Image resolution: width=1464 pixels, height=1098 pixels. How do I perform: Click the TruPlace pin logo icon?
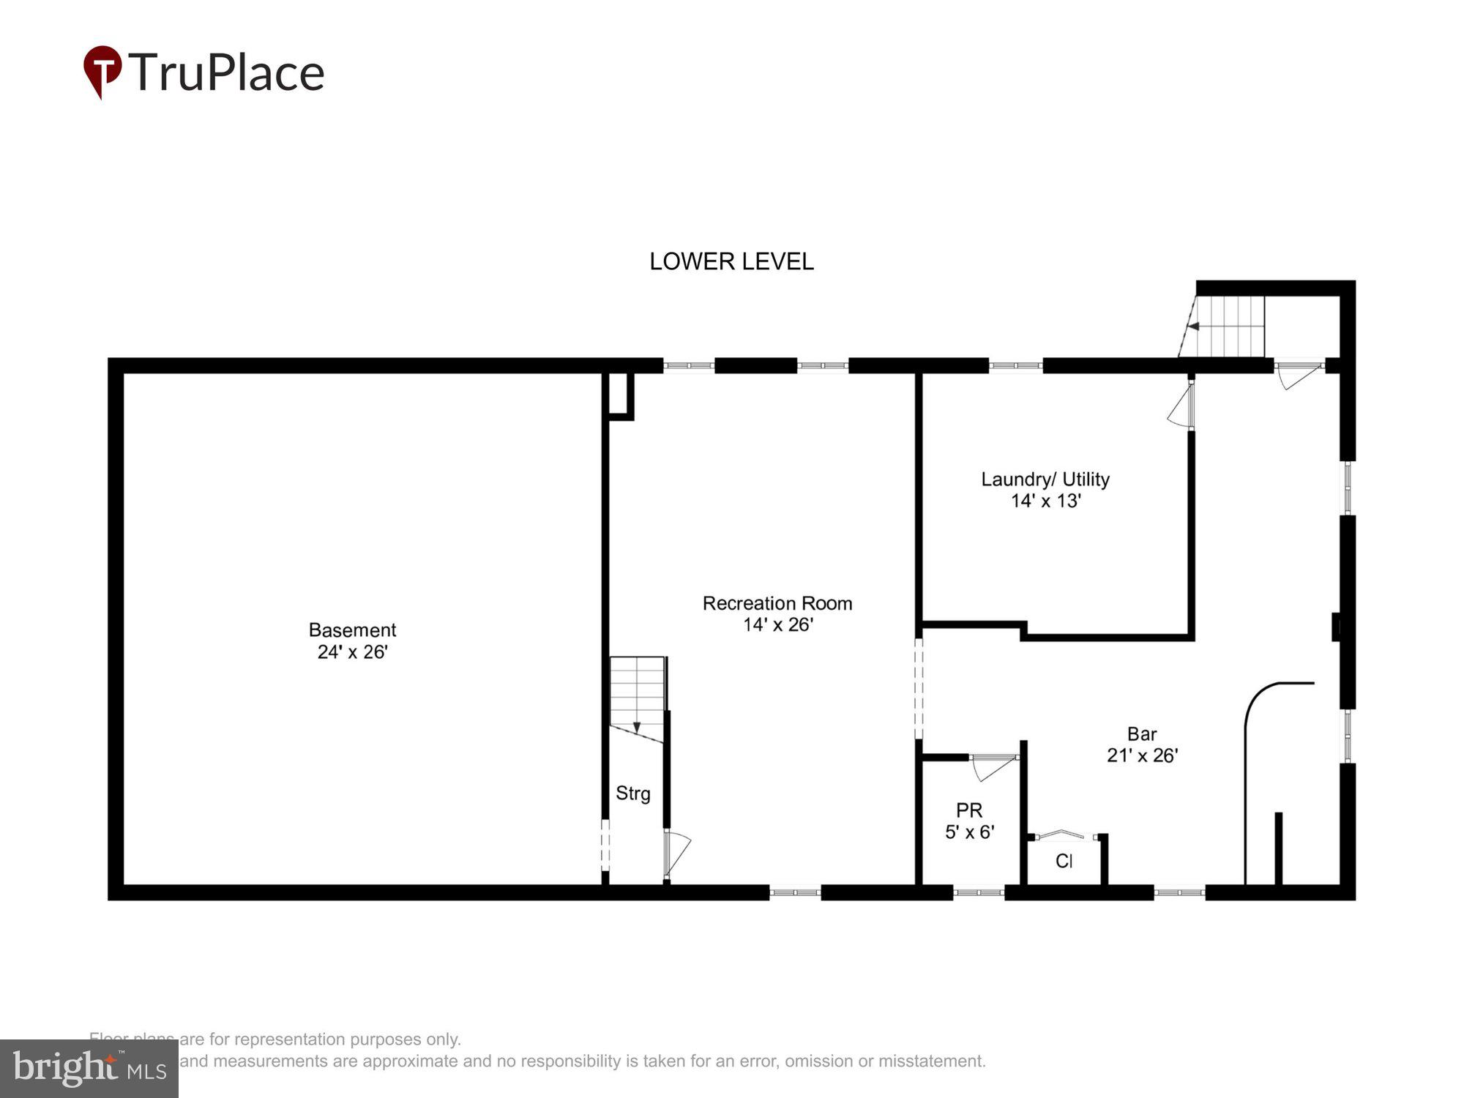click(102, 71)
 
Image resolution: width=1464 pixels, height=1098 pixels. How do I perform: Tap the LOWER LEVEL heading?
click(731, 262)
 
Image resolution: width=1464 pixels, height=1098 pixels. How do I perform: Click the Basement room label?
click(352, 630)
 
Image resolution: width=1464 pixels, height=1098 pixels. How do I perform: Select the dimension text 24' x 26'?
click(352, 652)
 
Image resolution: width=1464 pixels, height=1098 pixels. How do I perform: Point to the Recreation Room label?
click(777, 604)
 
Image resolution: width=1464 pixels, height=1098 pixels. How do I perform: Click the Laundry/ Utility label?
click(1045, 479)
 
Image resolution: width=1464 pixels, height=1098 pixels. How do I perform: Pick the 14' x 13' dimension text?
click(1045, 501)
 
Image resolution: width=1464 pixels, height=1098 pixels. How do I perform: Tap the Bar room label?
click(1142, 734)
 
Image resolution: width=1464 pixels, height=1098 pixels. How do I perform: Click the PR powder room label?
click(969, 810)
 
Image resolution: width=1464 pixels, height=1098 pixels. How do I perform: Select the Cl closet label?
click(1064, 862)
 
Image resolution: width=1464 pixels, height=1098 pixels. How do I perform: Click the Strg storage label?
click(633, 793)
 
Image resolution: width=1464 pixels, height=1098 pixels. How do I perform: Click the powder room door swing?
click(991, 767)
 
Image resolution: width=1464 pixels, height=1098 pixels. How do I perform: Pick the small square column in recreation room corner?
click(619, 395)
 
